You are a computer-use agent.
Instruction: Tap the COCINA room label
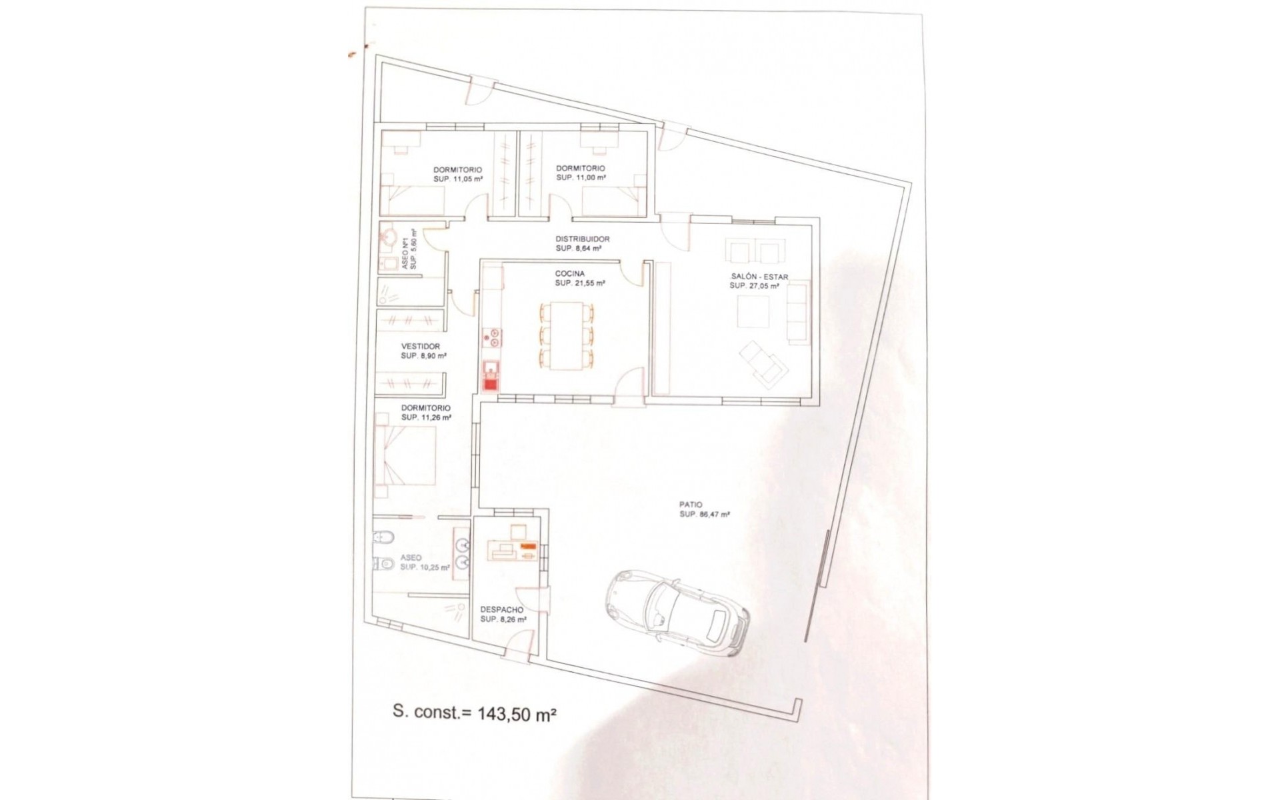(x=569, y=274)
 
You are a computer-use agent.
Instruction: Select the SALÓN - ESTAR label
(x=759, y=277)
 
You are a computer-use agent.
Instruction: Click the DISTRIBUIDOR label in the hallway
(x=582, y=239)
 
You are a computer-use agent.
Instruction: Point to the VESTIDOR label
(x=420, y=347)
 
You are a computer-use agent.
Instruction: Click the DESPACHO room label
(x=501, y=610)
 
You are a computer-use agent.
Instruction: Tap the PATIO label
(x=691, y=505)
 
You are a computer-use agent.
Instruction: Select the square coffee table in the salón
(x=753, y=311)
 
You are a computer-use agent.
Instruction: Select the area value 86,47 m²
(x=704, y=515)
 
